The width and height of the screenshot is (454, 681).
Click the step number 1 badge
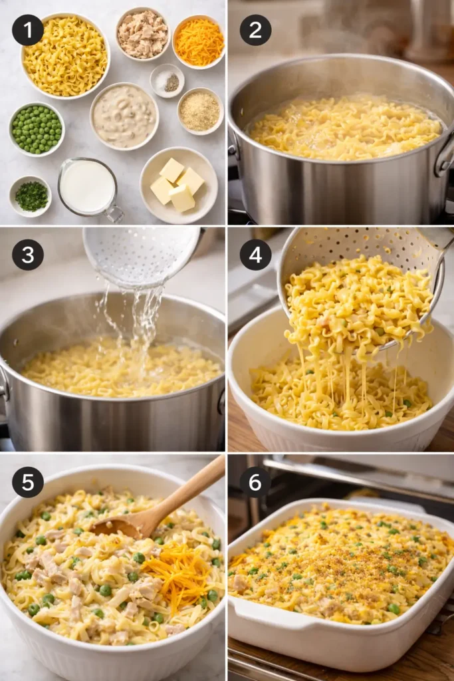[28, 30]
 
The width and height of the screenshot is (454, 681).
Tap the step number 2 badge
[255, 30]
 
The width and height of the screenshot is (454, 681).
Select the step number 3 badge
[28, 255]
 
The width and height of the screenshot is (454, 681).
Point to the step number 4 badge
[255, 255]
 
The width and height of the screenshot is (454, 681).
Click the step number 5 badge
[28, 482]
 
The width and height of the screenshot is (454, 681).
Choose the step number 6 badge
[255, 482]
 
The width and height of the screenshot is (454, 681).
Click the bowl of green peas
[37, 129]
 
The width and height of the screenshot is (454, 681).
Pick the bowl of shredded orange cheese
[199, 41]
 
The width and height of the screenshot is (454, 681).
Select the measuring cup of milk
[88, 188]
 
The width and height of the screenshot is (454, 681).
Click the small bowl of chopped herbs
[31, 196]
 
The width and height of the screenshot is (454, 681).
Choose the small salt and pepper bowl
[168, 81]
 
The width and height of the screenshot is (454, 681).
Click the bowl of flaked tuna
[143, 34]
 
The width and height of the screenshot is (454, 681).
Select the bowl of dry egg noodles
[65, 56]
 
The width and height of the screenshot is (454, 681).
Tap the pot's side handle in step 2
[444, 156]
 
